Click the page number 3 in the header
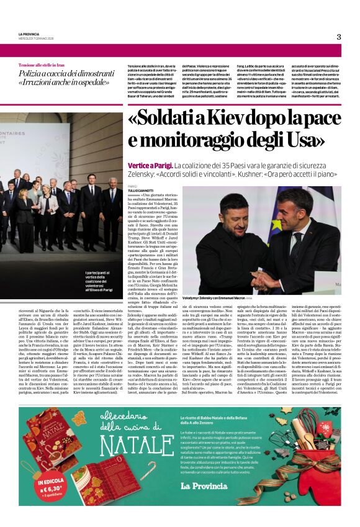pyautogui.click(x=339, y=37)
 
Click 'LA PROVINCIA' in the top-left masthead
pyautogui.click(x=29, y=34)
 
